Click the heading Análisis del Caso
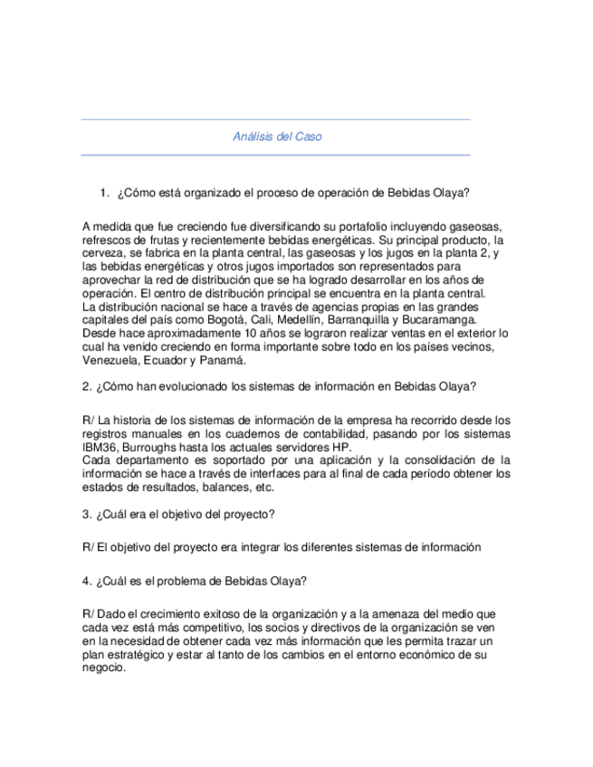coord(276,137)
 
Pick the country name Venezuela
coord(111,360)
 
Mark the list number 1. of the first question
coord(105,193)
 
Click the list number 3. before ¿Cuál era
coord(86,515)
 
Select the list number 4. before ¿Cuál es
coord(86,581)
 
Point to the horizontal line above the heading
coord(275,119)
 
